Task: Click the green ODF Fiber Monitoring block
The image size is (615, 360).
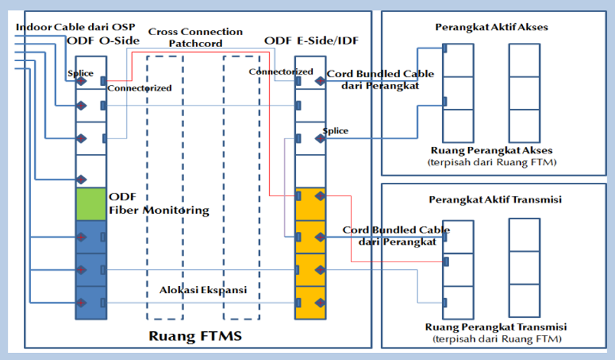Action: pyautogui.click(x=90, y=205)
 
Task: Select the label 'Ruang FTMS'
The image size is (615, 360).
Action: pyautogui.click(x=195, y=336)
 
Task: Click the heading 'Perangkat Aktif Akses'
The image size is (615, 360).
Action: pyautogui.click(x=491, y=27)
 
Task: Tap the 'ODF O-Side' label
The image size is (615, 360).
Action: pyautogui.click(x=103, y=41)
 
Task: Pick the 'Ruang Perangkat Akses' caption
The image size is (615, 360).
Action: pyautogui.click(x=491, y=150)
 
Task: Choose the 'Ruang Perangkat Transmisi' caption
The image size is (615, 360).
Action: pyautogui.click(x=496, y=328)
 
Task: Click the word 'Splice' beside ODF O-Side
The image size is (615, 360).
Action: pyautogui.click(x=80, y=73)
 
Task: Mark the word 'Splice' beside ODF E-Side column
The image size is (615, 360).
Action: pyautogui.click(x=335, y=131)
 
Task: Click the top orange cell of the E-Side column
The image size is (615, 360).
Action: pyautogui.click(x=310, y=204)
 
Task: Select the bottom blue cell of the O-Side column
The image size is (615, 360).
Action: pyautogui.click(x=91, y=302)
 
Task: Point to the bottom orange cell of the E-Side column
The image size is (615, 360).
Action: pyautogui.click(x=310, y=302)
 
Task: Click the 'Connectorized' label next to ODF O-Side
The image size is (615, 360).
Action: pyautogui.click(x=139, y=88)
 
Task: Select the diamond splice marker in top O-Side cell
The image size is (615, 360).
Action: pyautogui.click(x=82, y=82)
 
